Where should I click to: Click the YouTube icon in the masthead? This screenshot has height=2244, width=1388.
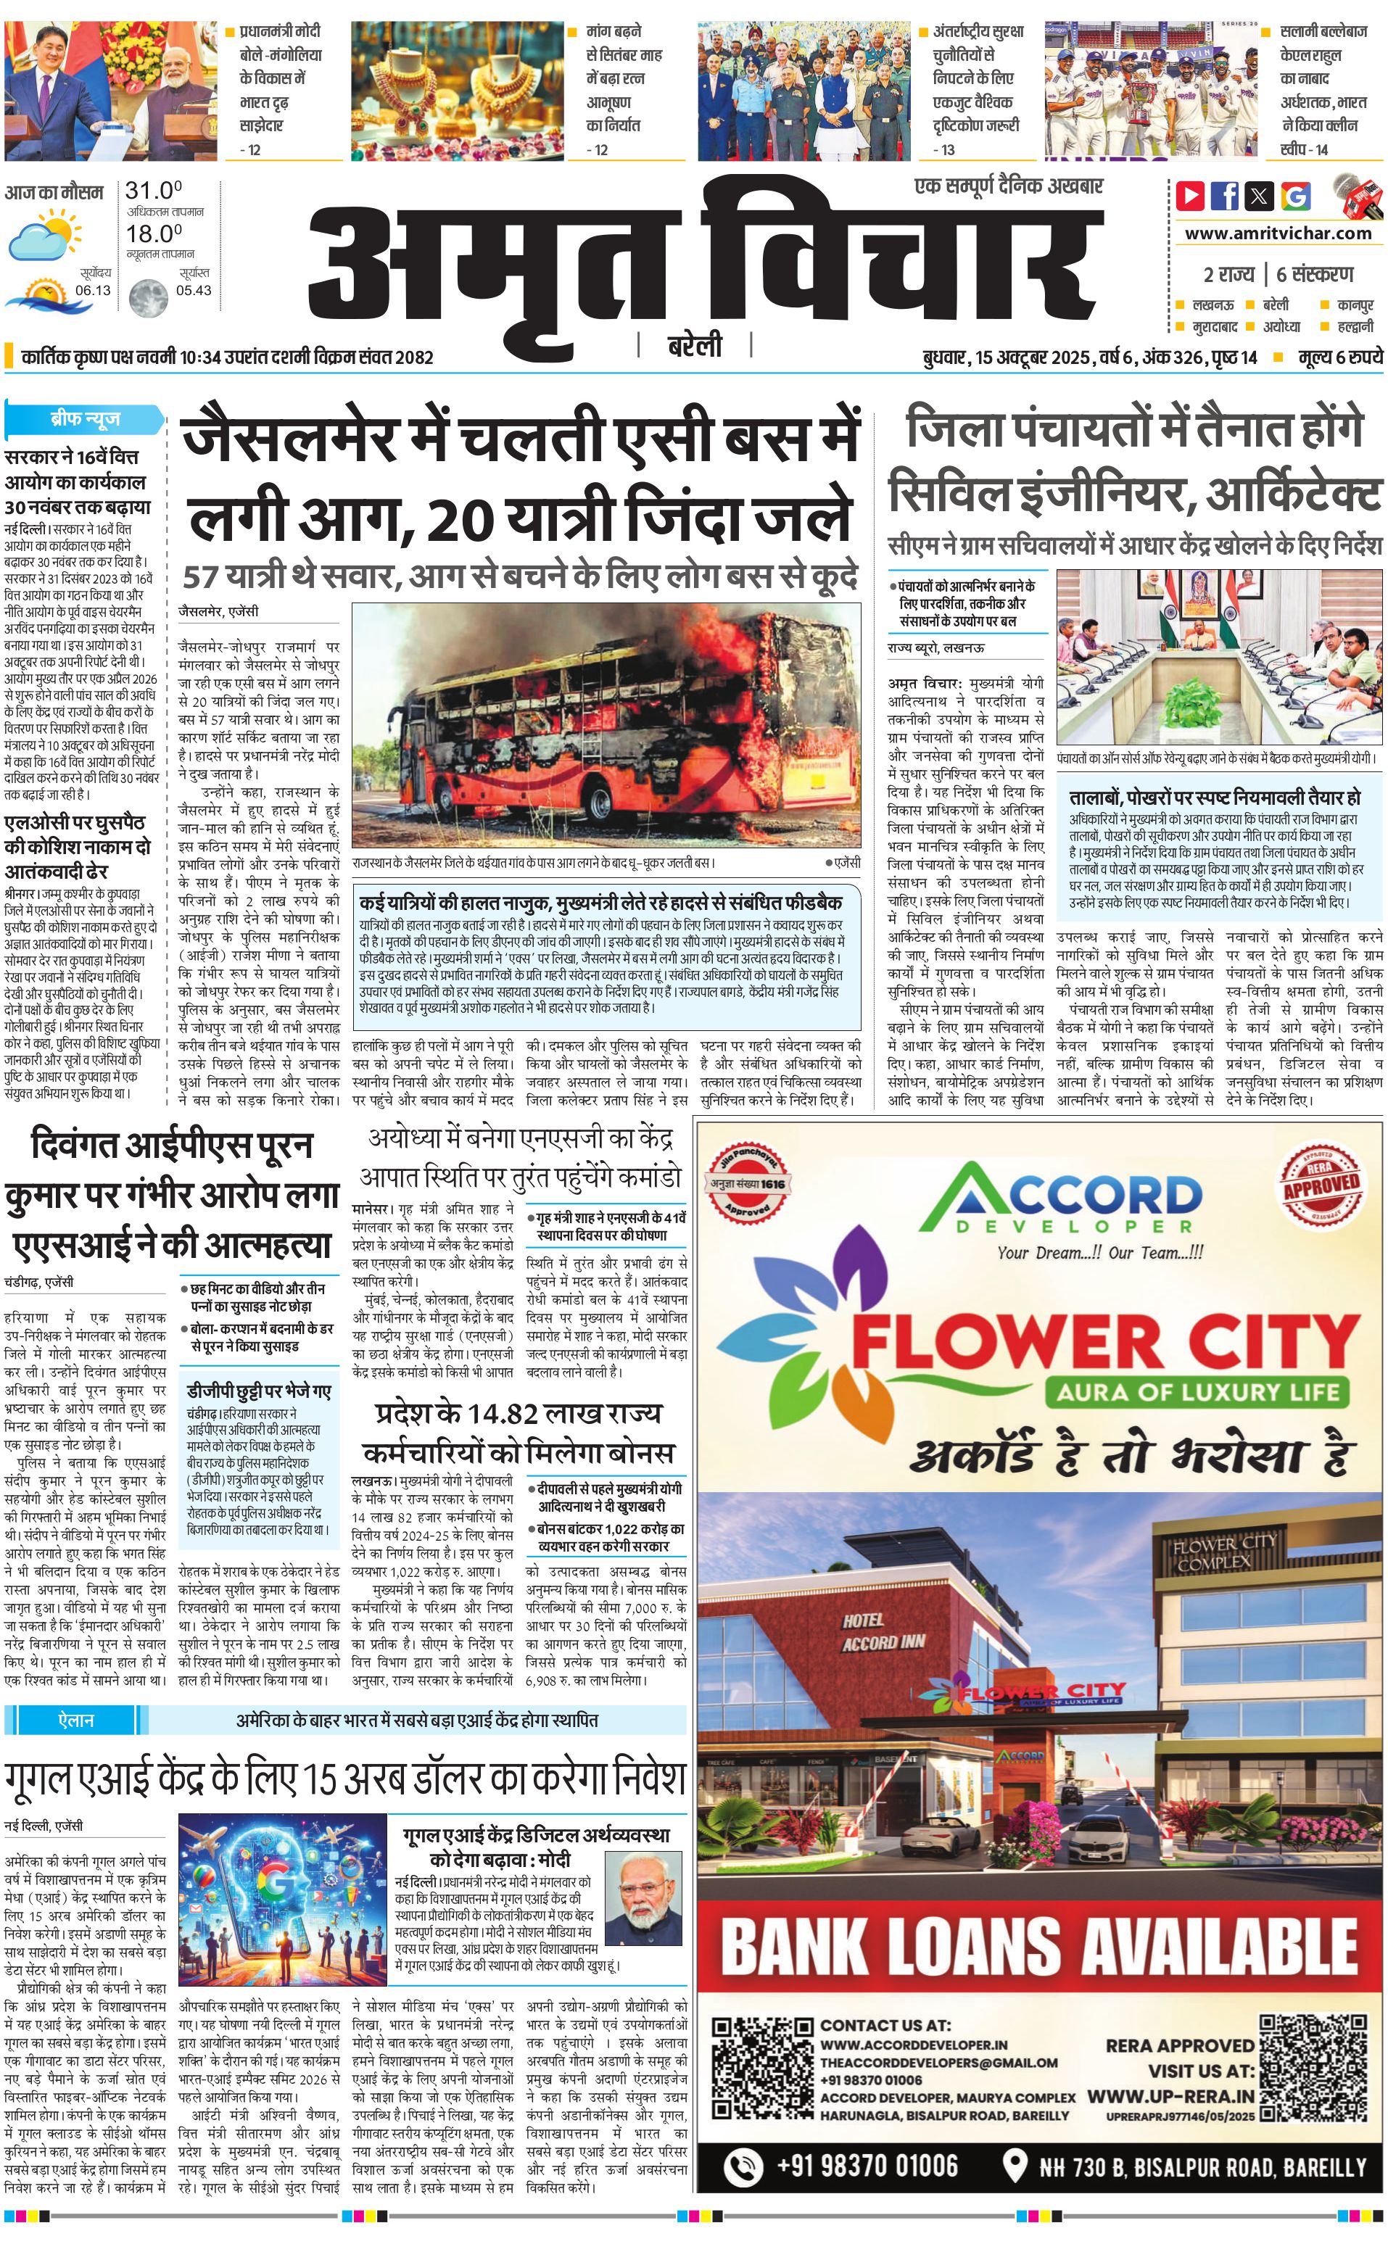point(1191,196)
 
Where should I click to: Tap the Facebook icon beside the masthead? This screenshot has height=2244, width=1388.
point(1225,196)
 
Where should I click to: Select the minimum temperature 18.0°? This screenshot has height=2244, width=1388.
point(153,233)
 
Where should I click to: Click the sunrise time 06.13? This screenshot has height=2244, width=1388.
point(93,290)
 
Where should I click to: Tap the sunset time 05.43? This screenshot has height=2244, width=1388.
point(194,290)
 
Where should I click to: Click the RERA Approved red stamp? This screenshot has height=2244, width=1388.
point(1320,1183)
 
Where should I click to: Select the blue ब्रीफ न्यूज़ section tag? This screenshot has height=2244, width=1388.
point(84,419)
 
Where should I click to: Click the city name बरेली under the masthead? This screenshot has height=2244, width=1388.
point(694,346)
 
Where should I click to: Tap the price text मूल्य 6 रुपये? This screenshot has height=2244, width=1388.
point(1339,357)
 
